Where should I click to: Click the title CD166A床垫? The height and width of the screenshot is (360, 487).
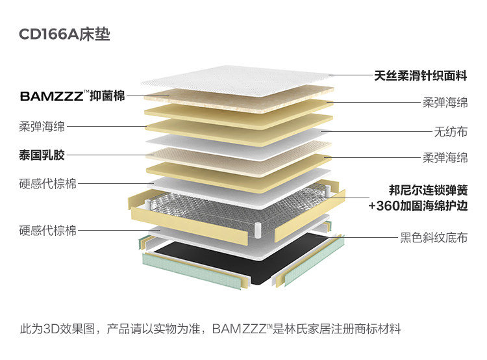coord(64,34)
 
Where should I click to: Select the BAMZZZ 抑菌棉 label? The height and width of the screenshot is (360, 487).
coord(72,96)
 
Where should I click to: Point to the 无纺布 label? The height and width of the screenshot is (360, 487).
coord(451,131)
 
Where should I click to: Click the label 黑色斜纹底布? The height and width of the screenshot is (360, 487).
coord(434,238)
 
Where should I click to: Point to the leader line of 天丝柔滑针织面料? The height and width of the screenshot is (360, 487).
coord(351,75)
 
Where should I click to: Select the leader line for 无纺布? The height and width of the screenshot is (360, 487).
coord(377,131)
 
